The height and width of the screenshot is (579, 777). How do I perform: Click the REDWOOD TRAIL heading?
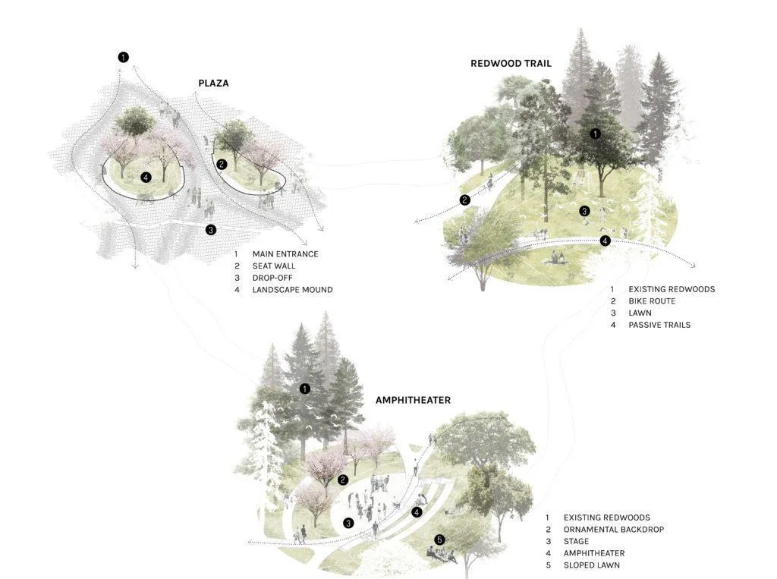pos(511,63)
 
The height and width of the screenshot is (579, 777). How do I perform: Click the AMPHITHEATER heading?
pos(413,400)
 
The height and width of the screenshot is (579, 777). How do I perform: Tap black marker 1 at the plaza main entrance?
pos(124,57)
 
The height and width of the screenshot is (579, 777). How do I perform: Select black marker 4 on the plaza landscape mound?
pos(146,177)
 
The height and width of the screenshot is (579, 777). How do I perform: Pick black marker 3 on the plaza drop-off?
pos(211,229)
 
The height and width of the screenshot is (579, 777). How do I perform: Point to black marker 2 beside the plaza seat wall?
pos(222,164)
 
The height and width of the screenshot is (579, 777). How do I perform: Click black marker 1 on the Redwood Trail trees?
pos(596,134)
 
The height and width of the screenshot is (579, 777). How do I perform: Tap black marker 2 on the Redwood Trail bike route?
pos(465,200)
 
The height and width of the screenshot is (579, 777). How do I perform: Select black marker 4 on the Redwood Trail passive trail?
pos(605,241)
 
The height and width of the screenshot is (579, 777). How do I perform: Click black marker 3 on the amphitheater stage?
pos(348,522)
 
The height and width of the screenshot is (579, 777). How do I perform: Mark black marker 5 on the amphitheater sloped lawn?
pos(439,540)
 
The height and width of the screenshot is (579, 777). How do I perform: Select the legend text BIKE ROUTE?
pos(651,301)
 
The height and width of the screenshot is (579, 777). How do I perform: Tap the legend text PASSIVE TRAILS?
pos(659,325)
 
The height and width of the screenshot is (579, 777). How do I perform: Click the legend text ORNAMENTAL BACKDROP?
pos(613,530)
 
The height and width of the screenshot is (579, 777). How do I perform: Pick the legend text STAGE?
pos(576,542)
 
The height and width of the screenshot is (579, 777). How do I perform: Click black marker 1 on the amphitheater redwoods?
pos(305,389)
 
